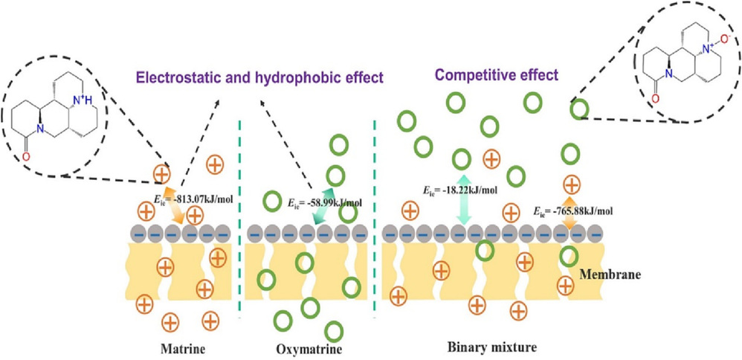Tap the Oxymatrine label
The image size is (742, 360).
[305, 347]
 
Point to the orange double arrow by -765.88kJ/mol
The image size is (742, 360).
[570, 208]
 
